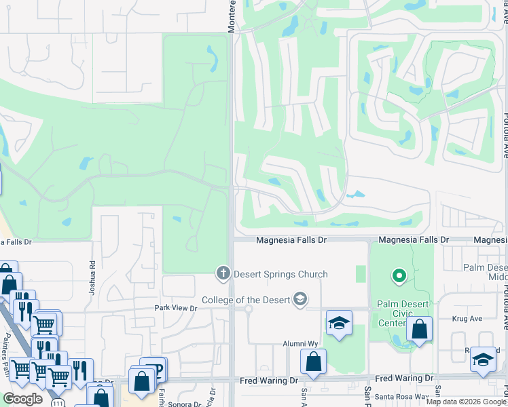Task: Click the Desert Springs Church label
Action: (280, 275)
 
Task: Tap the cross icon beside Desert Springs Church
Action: (222, 274)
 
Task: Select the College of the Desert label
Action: (246, 300)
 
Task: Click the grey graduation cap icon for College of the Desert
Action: (300, 299)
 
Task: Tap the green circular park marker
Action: (399, 276)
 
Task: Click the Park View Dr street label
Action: (175, 309)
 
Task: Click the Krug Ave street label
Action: (467, 318)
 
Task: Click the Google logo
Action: (22, 399)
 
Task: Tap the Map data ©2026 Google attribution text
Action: (466, 402)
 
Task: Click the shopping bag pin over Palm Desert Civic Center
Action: (420, 330)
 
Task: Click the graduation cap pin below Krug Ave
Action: (483, 360)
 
